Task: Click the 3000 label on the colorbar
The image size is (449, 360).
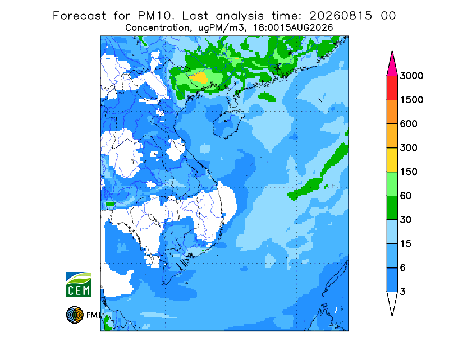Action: (x=411, y=76)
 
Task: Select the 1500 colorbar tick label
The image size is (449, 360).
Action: (x=411, y=100)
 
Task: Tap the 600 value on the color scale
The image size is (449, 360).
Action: (x=409, y=124)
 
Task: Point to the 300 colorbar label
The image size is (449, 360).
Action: (x=409, y=148)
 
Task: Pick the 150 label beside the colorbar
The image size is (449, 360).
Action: (x=409, y=172)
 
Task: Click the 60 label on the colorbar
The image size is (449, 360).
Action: (x=406, y=196)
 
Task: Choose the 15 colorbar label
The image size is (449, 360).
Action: (x=406, y=244)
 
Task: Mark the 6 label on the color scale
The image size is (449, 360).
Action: (x=403, y=268)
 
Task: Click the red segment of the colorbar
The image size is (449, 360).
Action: (x=392, y=88)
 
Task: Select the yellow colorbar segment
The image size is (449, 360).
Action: (x=392, y=160)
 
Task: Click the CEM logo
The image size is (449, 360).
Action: (x=79, y=284)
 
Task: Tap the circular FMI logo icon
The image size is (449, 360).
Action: (x=75, y=315)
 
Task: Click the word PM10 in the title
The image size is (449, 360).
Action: (x=156, y=16)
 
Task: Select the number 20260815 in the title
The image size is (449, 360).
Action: (x=341, y=16)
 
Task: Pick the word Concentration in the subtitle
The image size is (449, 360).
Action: (x=157, y=28)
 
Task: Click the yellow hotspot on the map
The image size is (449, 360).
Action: (x=200, y=78)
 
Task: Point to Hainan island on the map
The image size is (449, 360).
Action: (x=228, y=123)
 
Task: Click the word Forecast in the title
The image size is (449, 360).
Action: (x=79, y=16)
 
